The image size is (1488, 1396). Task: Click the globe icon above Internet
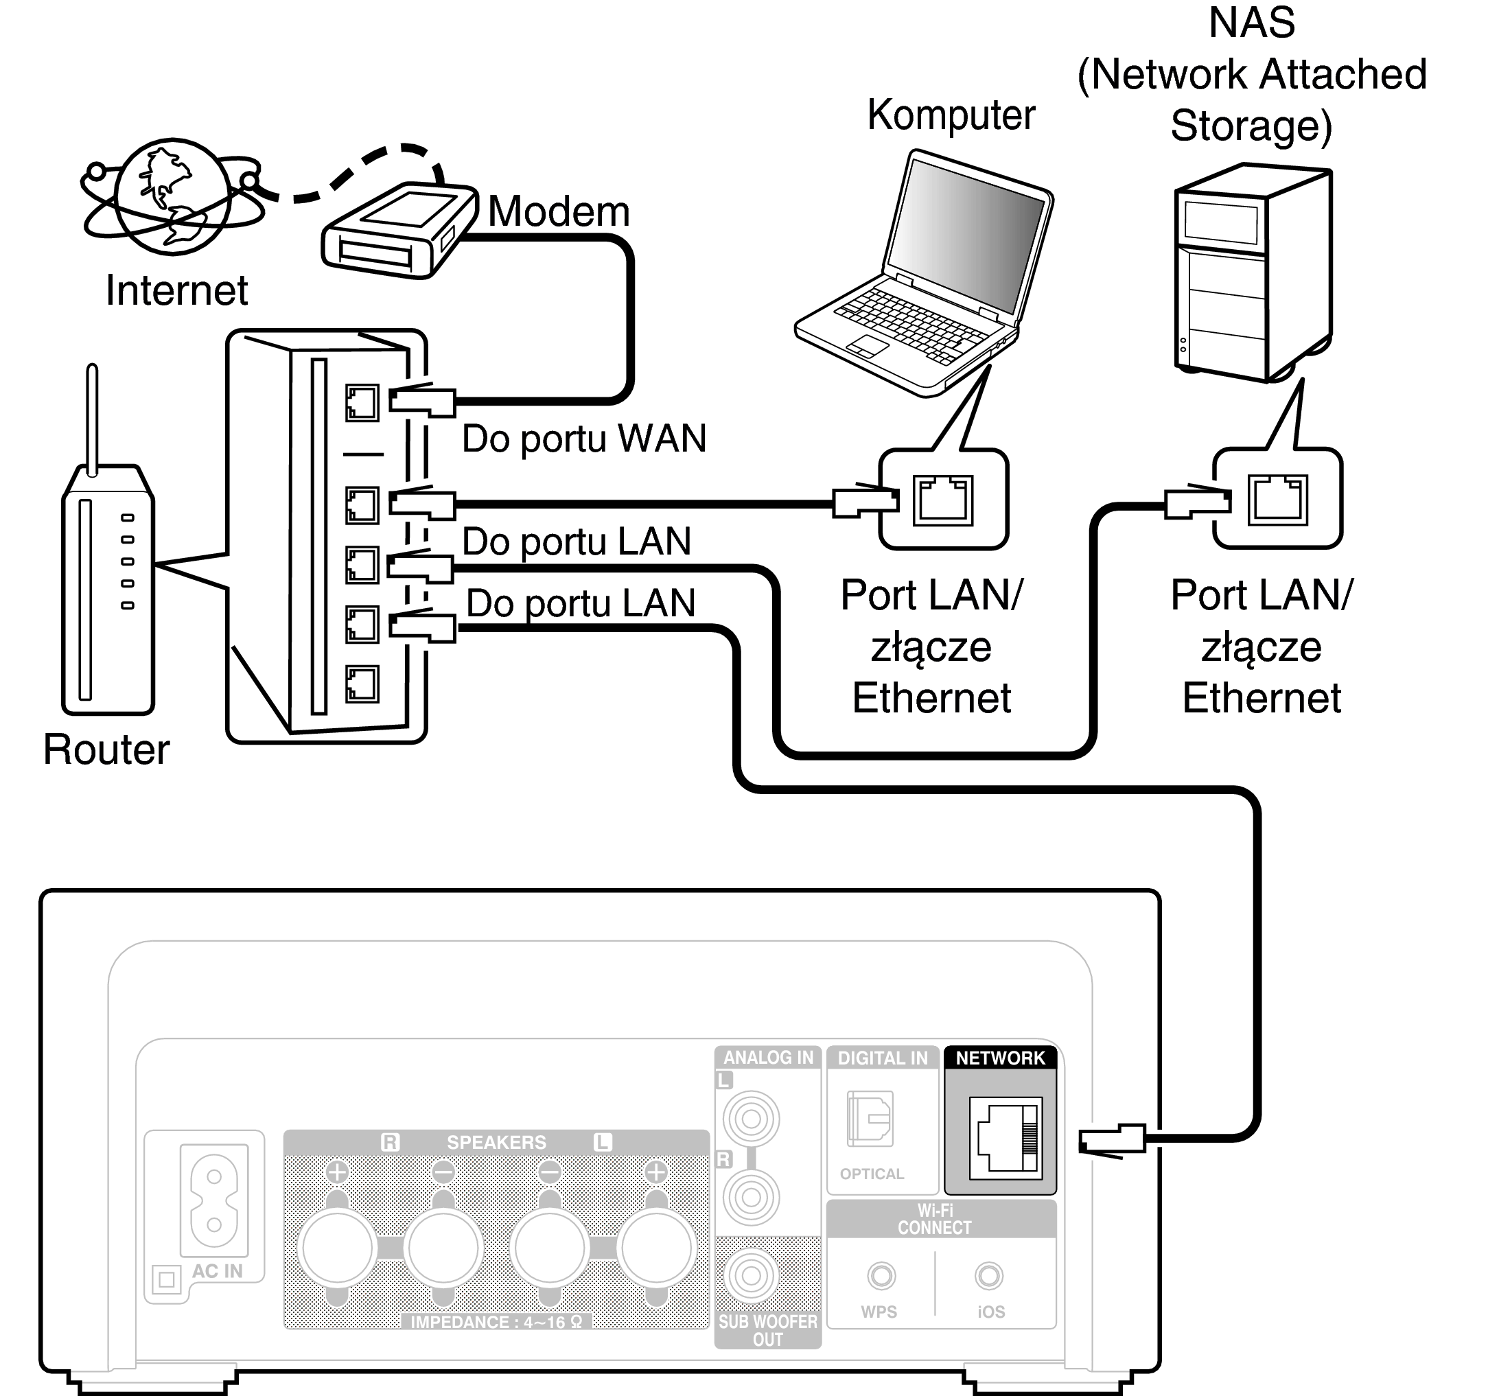pyautogui.click(x=173, y=197)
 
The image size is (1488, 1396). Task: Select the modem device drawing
pyautogui.click(x=399, y=230)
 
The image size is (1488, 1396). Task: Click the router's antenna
pyautogui.click(x=92, y=419)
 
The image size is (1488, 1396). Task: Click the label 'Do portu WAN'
pyautogui.click(x=584, y=439)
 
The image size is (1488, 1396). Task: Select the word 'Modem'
pyautogui.click(x=559, y=212)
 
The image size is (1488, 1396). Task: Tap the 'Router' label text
pyautogui.click(x=106, y=749)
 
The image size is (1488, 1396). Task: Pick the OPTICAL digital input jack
pyautogui.click(x=870, y=1119)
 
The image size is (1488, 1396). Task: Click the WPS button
pyautogui.click(x=881, y=1275)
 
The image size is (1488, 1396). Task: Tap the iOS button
pyautogui.click(x=989, y=1275)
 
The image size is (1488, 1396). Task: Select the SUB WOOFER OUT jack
pyautogui.click(x=751, y=1277)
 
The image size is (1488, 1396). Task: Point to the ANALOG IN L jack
pyautogui.click(x=751, y=1119)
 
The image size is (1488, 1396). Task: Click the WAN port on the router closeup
pyautogui.click(x=362, y=404)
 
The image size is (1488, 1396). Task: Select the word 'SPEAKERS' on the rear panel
pyautogui.click(x=496, y=1142)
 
